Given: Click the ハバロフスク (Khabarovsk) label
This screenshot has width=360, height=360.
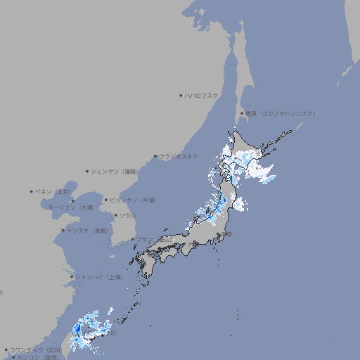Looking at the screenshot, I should point(201,96).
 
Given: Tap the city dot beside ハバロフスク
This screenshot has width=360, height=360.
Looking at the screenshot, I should point(181,96).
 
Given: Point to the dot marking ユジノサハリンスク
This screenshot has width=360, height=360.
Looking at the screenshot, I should point(243,113).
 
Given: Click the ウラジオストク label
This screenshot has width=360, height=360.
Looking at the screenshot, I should point(179,156).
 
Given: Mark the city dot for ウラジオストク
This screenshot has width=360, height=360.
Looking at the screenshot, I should point(155,157).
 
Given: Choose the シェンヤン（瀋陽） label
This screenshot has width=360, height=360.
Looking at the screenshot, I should point(113,171).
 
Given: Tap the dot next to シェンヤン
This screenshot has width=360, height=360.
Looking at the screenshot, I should point(88,171).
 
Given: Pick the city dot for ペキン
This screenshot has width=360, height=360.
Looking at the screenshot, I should point(32,191).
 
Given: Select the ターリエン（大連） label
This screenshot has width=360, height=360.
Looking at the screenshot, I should point(71,207).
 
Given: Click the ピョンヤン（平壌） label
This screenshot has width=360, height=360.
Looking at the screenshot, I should point(133,200).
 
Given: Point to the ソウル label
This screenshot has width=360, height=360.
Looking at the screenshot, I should point(127,215).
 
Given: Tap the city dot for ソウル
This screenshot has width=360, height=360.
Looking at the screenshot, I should point(115,215).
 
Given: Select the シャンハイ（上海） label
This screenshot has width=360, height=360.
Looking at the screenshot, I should point(98,277).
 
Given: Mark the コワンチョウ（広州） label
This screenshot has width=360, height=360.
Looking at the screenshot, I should point(36,349).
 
